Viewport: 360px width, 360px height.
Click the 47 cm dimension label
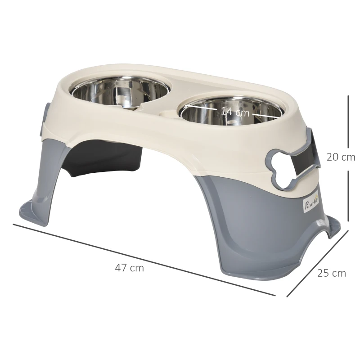click(130, 268)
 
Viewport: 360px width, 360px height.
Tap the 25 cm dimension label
click(332, 273)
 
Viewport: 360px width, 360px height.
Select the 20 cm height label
click(341, 157)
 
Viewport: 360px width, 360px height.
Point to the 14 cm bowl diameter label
click(235, 112)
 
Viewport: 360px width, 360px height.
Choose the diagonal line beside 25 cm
click(318, 264)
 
